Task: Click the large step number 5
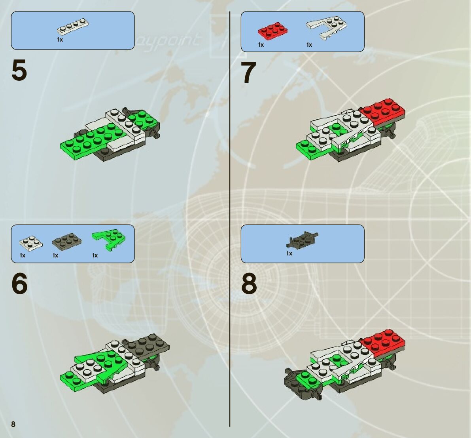(19, 70)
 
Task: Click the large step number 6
(19, 284)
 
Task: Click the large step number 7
(248, 73)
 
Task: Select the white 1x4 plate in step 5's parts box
(72, 27)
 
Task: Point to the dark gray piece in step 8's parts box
(303, 239)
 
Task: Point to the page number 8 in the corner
(13, 425)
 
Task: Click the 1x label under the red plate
(261, 45)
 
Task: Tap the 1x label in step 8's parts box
(289, 253)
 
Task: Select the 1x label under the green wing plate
(95, 255)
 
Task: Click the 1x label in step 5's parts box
(60, 40)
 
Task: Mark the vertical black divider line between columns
(230, 218)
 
